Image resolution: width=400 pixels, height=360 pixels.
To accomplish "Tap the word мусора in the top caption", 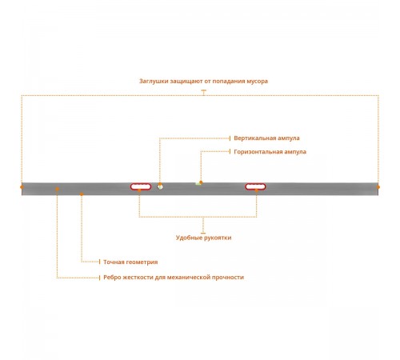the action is click(258, 82).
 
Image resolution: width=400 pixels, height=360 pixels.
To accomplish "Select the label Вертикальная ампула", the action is click(266, 138).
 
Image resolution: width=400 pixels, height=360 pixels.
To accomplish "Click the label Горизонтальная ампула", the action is click(270, 152).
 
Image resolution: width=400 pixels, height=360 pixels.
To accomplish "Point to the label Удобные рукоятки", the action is click(203, 238).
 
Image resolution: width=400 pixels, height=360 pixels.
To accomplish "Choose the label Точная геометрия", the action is click(130, 262).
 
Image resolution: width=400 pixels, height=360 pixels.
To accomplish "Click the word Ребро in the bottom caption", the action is click(110, 278).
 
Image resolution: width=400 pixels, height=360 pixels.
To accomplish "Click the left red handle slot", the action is click(141, 186).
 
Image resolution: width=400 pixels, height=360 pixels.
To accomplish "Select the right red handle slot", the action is click(255, 186).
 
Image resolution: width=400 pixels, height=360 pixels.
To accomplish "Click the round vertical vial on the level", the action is click(160, 186).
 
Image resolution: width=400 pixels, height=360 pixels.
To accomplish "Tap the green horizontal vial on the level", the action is click(198, 184).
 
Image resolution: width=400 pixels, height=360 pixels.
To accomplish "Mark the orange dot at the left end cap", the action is click(22, 187).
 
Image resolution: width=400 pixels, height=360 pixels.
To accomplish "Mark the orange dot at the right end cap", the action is click(378, 187).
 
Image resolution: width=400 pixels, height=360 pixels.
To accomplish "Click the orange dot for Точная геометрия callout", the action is click(82, 194).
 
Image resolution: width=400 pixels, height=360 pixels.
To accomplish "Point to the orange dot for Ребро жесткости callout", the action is click(57, 189).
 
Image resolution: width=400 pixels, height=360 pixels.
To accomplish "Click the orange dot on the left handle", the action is click(139, 190).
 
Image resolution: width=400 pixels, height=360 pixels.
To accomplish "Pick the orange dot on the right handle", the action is click(257, 190).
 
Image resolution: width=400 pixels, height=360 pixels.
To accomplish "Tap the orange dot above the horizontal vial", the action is click(201, 182).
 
